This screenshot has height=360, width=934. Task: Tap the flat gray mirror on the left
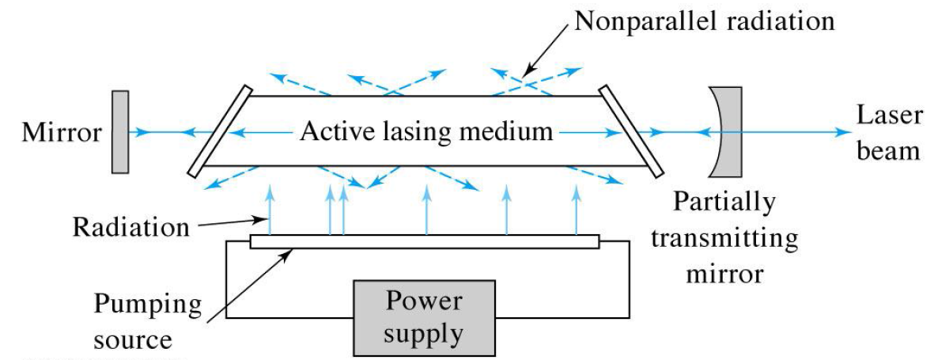[x=120, y=131]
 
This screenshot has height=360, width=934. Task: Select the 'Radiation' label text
[x=131, y=227]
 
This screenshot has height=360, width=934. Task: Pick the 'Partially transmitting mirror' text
[x=724, y=238]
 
